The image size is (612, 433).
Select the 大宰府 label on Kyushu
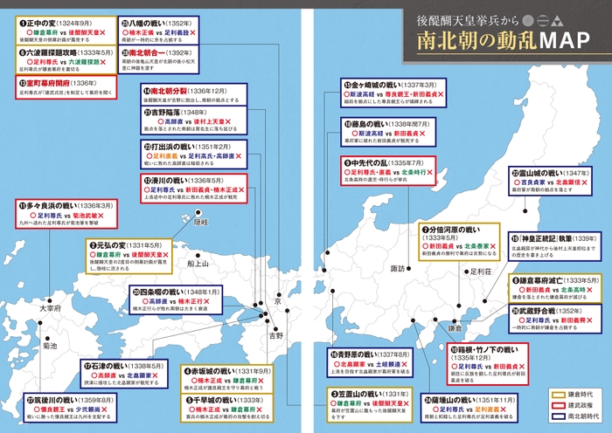[49, 309]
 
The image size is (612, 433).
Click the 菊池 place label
[49, 346]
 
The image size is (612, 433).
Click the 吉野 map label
[276, 334]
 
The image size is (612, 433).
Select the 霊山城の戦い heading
[551, 175]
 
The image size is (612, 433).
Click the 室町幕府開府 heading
[53, 83]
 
